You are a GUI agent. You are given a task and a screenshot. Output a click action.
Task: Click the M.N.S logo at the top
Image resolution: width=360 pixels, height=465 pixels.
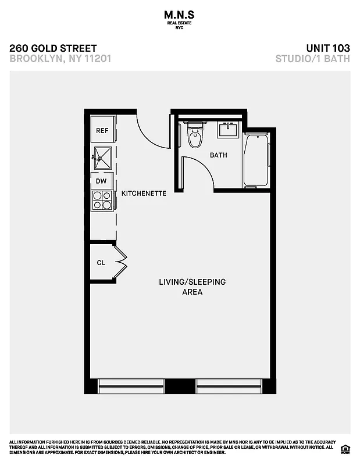point(180,15)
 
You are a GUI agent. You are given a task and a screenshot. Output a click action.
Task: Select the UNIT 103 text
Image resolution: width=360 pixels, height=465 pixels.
point(327,48)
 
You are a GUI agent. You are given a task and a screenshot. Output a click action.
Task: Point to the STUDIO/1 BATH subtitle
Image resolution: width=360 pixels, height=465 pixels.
point(313,58)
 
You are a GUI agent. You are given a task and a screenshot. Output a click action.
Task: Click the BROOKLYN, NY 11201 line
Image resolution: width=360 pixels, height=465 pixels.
point(60,58)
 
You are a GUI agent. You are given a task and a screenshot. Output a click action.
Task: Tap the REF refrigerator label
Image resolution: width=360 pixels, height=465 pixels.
point(102,131)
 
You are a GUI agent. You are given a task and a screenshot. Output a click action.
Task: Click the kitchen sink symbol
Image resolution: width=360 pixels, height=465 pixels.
point(102,156)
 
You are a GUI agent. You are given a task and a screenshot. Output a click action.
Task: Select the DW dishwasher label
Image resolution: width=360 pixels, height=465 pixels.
point(101,181)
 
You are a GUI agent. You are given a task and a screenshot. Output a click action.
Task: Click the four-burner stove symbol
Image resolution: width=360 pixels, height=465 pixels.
point(102,200)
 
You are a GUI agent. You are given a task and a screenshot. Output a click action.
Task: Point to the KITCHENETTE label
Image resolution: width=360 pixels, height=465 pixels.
point(143,193)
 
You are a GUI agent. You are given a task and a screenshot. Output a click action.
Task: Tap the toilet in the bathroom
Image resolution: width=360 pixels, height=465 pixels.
point(195,137)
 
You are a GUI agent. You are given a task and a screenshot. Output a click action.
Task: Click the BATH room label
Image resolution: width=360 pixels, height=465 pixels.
point(218,155)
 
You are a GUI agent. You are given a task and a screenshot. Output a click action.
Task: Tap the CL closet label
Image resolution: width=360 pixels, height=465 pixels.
point(101,263)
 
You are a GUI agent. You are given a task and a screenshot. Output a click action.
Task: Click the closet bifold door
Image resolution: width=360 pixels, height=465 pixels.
point(122,263)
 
